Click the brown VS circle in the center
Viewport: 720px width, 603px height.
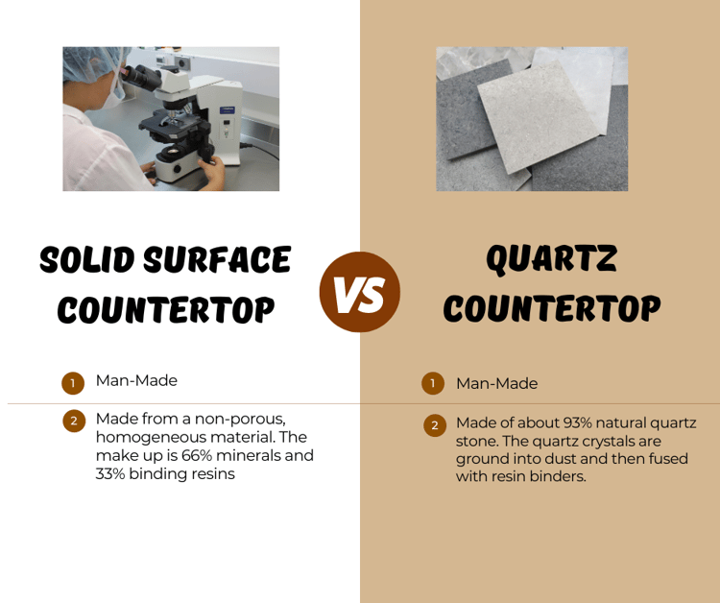359,292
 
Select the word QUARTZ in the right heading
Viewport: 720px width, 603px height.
551,258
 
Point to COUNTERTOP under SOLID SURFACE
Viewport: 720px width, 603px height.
165,309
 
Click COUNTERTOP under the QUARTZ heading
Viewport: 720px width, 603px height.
551,308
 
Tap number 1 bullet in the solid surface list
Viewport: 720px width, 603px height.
73,383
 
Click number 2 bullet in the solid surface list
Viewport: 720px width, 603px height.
74,421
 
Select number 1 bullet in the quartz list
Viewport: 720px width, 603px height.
433,383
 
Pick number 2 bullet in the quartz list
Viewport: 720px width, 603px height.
435,424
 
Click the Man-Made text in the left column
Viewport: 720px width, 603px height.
136,380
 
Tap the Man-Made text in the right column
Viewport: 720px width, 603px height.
496,383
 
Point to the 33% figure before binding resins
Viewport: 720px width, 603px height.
113,473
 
